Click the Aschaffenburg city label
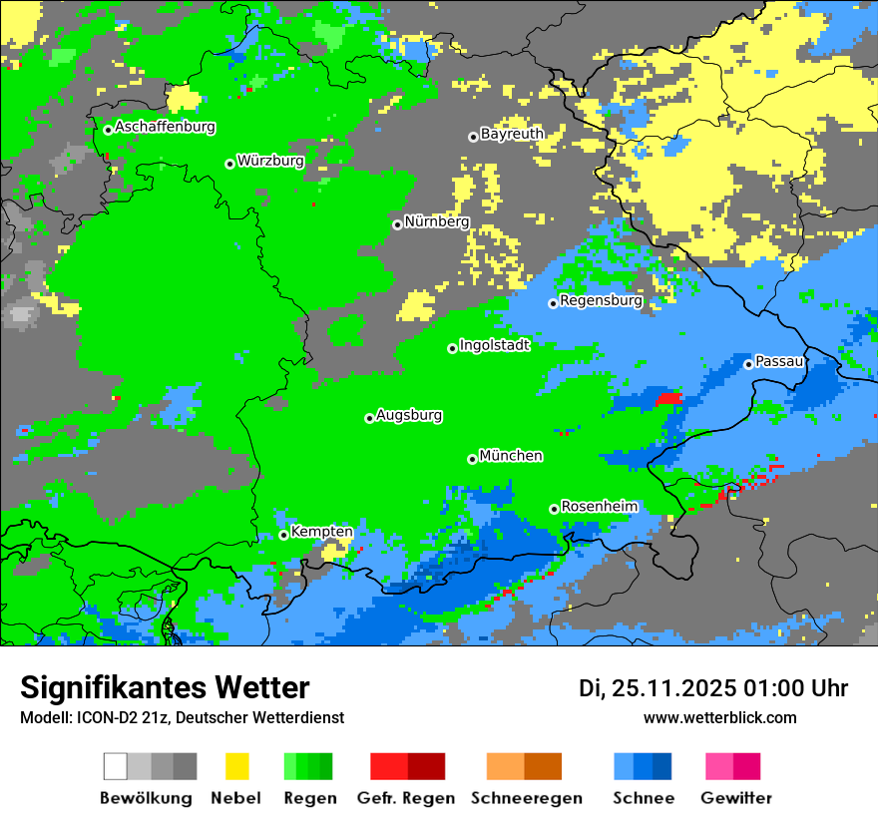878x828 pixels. [x=165, y=128]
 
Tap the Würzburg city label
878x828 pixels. [x=270, y=161]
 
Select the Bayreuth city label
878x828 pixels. [x=512, y=134]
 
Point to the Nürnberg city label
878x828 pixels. [x=437, y=222]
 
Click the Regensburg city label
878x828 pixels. [x=601, y=300]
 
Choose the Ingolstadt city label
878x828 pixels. [x=494, y=345]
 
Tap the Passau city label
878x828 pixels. [x=780, y=361]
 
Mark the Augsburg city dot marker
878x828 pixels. [x=369, y=418]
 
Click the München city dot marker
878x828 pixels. [x=472, y=459]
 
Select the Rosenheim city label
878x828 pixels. [x=599, y=507]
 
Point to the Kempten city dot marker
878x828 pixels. [x=283, y=535]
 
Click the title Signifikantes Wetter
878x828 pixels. [x=165, y=688]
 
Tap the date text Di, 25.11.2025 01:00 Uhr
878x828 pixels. [x=713, y=688]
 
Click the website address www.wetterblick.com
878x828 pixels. [x=720, y=717]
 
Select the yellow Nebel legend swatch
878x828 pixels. [x=237, y=766]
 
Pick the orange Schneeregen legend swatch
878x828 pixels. [x=525, y=766]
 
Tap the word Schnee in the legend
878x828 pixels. [x=644, y=798]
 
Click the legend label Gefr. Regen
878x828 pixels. [x=406, y=798]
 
